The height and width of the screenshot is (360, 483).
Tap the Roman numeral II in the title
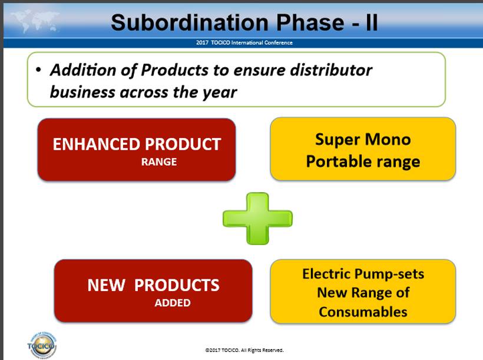pyautogui.click(x=372, y=22)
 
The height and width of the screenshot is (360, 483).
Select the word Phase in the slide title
pyautogui.click(x=310, y=22)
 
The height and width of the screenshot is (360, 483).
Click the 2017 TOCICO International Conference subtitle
pyautogui.click(x=244, y=42)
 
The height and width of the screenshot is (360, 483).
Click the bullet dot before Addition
pyautogui.click(x=38, y=70)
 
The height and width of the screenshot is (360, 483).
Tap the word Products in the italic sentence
pyautogui.click(x=175, y=70)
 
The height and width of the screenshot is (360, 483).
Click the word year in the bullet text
pyautogui.click(x=220, y=93)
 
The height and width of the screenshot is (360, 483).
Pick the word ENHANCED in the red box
pyautogui.click(x=96, y=144)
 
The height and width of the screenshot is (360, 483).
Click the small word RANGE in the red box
pyautogui.click(x=159, y=162)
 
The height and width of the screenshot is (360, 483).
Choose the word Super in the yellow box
pyautogui.click(x=337, y=140)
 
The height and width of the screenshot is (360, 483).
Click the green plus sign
pyautogui.click(x=257, y=219)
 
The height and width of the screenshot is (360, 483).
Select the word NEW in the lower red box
pyautogui.click(x=106, y=285)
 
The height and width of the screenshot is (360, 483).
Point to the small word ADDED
pyautogui.click(x=173, y=303)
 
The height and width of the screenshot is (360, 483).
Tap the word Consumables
pyautogui.click(x=363, y=312)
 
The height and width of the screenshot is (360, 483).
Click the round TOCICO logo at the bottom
pyautogui.click(x=42, y=345)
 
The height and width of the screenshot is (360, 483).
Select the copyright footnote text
pyautogui.click(x=244, y=350)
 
